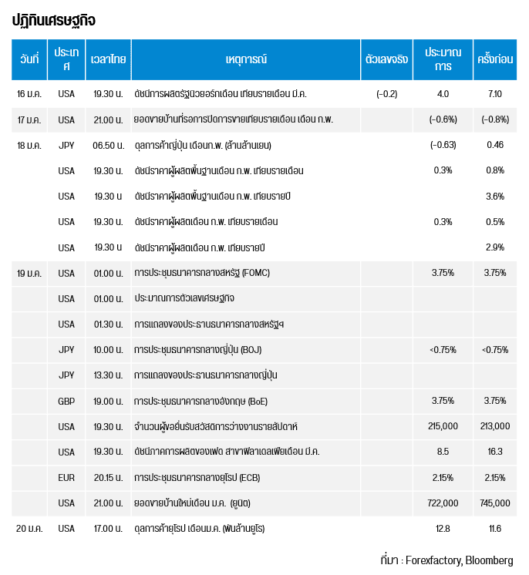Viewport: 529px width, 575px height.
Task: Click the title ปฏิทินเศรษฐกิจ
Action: click(x=54, y=20)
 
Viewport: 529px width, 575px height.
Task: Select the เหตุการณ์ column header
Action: click(x=245, y=59)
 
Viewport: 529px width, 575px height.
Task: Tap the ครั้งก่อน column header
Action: click(x=495, y=59)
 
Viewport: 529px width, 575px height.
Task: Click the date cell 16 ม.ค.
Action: click(x=29, y=94)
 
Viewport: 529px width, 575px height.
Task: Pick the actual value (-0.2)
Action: click(x=386, y=94)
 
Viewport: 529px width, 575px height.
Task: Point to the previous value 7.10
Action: click(x=495, y=94)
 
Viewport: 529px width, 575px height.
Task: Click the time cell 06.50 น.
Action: click(x=107, y=145)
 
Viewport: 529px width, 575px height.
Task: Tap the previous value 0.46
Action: click(x=495, y=145)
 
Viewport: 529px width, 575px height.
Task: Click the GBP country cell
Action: click(x=66, y=401)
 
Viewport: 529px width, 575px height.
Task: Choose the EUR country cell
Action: click(x=66, y=477)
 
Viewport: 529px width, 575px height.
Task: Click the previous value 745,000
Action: click(x=495, y=503)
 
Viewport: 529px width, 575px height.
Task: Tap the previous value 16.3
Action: click(x=495, y=452)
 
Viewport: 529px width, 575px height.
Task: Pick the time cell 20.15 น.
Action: click(x=107, y=477)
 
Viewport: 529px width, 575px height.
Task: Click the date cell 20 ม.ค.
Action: click(x=29, y=528)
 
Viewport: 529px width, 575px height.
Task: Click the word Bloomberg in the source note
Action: click(x=489, y=560)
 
